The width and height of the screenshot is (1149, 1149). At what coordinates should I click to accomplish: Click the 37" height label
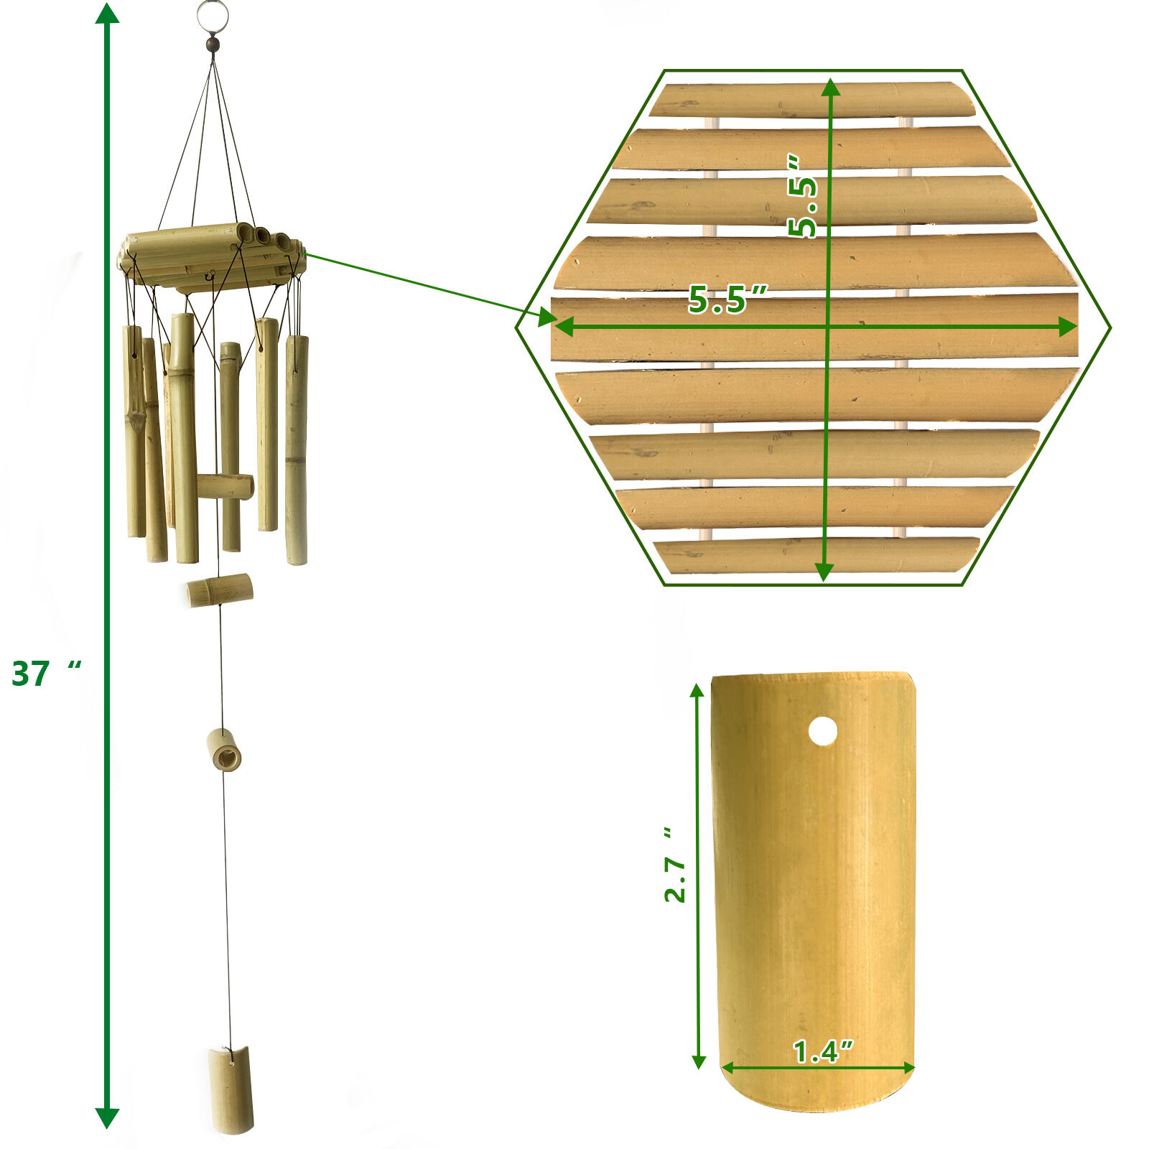click(x=45, y=674)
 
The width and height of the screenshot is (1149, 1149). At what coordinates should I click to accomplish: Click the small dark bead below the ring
click(x=213, y=45)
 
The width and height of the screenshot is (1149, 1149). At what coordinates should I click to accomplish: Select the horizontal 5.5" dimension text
click(x=727, y=299)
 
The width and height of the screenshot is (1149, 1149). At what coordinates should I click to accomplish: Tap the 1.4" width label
click(x=822, y=1051)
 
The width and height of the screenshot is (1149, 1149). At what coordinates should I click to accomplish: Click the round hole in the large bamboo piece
click(x=822, y=732)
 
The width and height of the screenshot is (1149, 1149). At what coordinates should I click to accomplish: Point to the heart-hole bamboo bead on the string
click(x=224, y=750)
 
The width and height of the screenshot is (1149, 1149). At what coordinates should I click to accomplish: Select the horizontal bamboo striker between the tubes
click(x=225, y=486)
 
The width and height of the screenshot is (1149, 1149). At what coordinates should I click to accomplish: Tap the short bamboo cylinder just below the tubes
click(x=220, y=590)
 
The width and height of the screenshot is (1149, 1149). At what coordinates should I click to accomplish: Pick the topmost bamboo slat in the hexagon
click(x=811, y=100)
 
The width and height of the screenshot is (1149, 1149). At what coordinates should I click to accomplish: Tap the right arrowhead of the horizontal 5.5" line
click(x=1069, y=327)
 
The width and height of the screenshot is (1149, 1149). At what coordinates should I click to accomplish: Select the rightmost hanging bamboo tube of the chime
click(x=297, y=449)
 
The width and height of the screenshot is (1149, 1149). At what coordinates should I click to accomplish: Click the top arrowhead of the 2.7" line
click(x=697, y=692)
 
